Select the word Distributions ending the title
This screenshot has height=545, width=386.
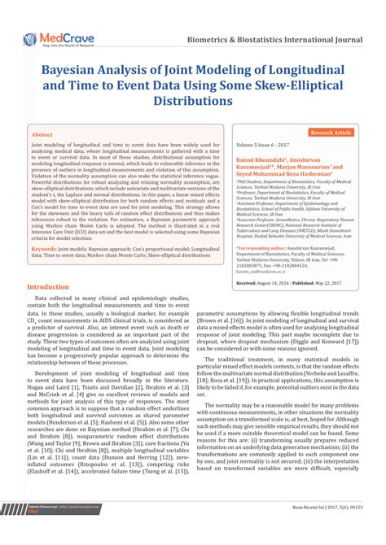tap(193, 101)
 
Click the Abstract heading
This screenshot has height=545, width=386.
tap(42, 133)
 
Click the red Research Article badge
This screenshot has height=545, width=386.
tap(331, 132)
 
